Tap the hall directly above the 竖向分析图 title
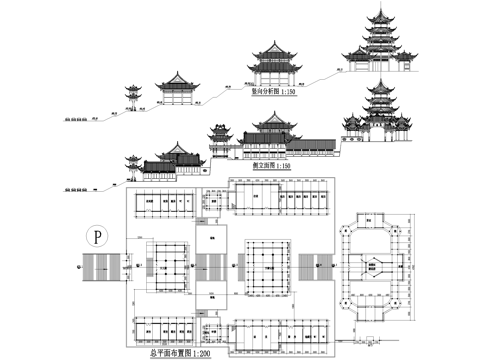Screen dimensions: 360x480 [x=273, y=62]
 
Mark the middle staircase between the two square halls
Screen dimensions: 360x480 [x=212, y=267]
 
